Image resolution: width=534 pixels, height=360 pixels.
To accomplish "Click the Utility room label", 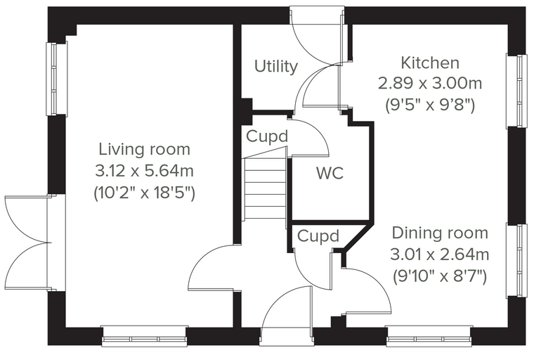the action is coord(276,67).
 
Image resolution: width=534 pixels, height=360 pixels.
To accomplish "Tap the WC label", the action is coord(330,173).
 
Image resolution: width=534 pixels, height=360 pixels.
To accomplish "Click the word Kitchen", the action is coord(430,63).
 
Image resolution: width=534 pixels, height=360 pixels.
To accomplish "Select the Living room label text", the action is coord(145,150).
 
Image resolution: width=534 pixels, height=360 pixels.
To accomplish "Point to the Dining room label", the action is coord(440,233).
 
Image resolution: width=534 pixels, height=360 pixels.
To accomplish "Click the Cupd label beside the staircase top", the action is coord(267,136).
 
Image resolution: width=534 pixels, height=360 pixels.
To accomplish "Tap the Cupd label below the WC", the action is coord(318,236).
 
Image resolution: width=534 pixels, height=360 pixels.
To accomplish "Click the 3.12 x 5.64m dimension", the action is coord(145,171).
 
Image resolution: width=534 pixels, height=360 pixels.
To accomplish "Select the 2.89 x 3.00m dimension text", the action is coord(430,84).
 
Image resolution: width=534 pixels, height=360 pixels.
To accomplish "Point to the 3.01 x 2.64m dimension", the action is coord(440,255).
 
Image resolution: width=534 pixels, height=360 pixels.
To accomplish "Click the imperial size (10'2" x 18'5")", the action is coord(145,193).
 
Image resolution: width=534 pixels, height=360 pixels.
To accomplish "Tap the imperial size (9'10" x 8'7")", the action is coord(440,276).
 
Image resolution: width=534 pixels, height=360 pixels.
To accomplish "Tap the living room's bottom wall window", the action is coord(145,336).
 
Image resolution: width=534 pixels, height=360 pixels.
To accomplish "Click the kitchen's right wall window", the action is coord(516,91).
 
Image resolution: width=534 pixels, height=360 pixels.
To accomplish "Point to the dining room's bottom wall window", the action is coord(429,336).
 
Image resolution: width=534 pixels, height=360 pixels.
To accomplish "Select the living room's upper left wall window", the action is coord(57,79).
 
